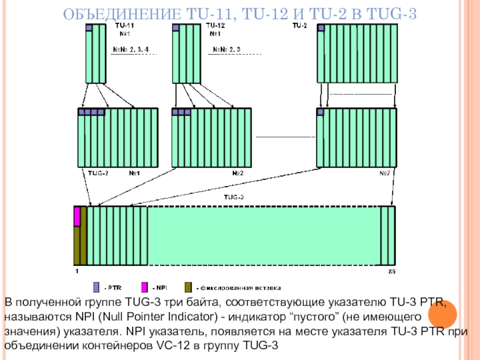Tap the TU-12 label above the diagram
pyautogui.click(x=215, y=26)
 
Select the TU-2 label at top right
pyautogui.click(x=299, y=26)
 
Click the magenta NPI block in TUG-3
pyautogui.click(x=77, y=217)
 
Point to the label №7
pyautogui.click(x=385, y=173)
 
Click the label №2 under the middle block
pyautogui.click(x=238, y=173)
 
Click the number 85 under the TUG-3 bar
pyautogui.click(x=392, y=272)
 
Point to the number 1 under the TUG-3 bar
pyautogui.click(x=76, y=272)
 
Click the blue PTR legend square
pyautogui.click(x=96, y=286)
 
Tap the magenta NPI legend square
pyautogui.click(x=144, y=286)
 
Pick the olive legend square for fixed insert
pyautogui.click(x=188, y=286)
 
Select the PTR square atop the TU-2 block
pyautogui.click(x=321, y=28)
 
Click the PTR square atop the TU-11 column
pyautogui.click(x=89, y=28)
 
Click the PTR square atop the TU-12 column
pyautogui.click(x=175, y=28)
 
